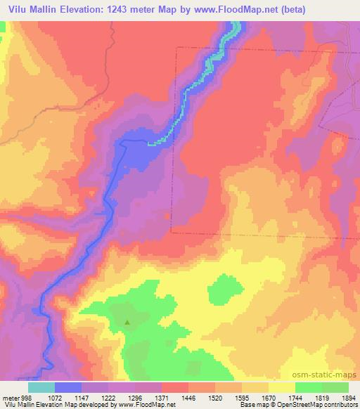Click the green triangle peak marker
(127, 323)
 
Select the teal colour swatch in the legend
(41, 387)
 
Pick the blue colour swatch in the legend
(68, 387)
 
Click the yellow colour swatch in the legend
(281, 387)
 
